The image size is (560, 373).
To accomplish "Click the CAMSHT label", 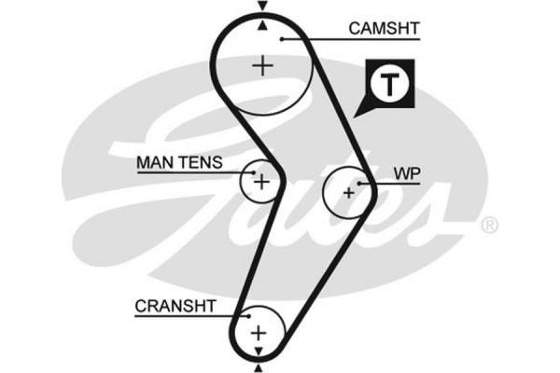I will pos(384,28).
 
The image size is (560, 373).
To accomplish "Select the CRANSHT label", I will pos(175,305).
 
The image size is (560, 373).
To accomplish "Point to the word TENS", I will pos(200,162).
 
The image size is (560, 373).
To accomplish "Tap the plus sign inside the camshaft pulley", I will pos(264,65).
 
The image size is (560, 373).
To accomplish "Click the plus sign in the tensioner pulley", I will pos(262,180).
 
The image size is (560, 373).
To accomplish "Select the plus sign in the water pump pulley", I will pos(348,193).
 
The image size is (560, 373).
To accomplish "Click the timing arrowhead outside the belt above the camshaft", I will pos(262,7).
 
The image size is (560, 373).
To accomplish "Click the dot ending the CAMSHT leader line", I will pos(280,38).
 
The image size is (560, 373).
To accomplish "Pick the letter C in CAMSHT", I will pos(354,28).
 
